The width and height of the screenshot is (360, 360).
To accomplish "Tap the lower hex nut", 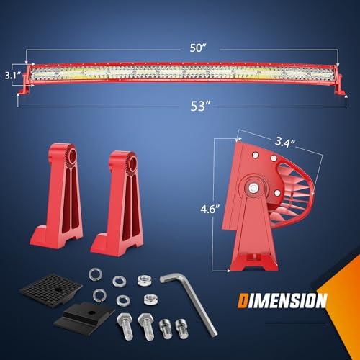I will [x=150, y=297].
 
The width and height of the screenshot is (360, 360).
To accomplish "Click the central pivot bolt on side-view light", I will [x=255, y=188].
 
